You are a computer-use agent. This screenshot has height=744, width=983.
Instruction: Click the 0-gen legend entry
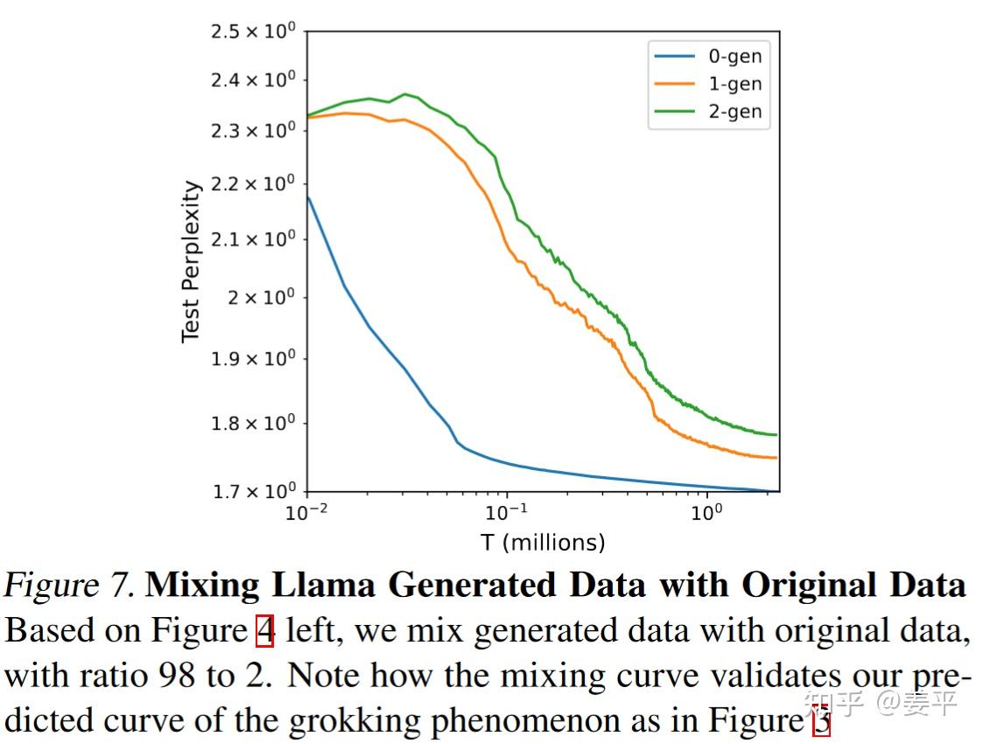tap(734, 57)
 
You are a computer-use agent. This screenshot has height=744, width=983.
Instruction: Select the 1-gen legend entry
tap(734, 84)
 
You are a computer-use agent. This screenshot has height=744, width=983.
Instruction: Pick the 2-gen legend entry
tap(734, 112)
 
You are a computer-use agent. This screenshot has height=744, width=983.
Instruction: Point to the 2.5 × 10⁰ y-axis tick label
tap(254, 32)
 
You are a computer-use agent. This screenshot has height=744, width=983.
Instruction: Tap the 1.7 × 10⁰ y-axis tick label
tap(254, 491)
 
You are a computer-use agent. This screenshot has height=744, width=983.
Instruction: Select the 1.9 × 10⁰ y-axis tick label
tap(254, 359)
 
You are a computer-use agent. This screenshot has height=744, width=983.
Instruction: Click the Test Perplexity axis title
tap(191, 262)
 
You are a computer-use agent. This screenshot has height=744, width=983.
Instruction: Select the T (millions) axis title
tap(543, 543)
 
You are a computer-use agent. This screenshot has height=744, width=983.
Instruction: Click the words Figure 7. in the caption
tap(70, 586)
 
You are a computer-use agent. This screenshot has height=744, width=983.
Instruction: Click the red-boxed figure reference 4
tap(264, 630)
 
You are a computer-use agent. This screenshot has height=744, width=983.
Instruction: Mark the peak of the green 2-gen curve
tap(405, 94)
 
